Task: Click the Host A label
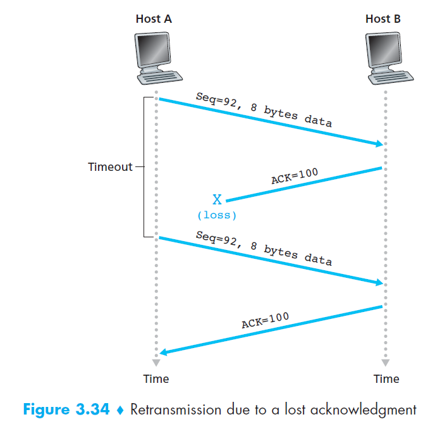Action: [154, 19]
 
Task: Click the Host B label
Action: [383, 19]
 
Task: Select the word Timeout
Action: [110, 167]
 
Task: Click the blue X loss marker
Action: [217, 200]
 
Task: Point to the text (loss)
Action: [217, 215]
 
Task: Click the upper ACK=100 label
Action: [295, 177]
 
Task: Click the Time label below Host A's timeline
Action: [156, 379]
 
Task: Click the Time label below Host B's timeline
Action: [386, 379]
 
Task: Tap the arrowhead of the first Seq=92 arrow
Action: [379, 144]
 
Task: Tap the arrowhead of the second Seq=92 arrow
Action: [379, 283]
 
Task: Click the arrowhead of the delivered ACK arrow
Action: [163, 352]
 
